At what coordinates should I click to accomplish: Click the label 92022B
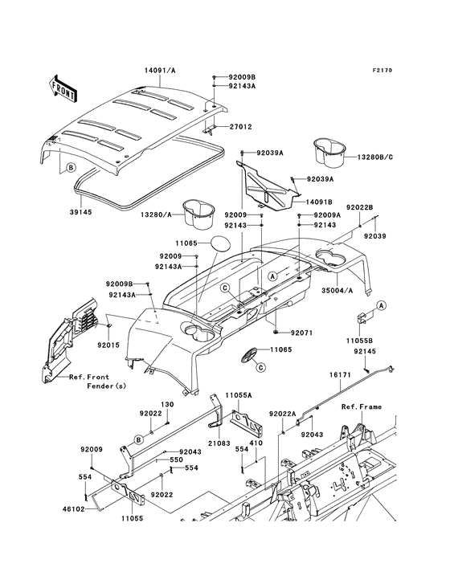pos(360,207)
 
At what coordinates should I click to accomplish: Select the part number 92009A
pos(327,215)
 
